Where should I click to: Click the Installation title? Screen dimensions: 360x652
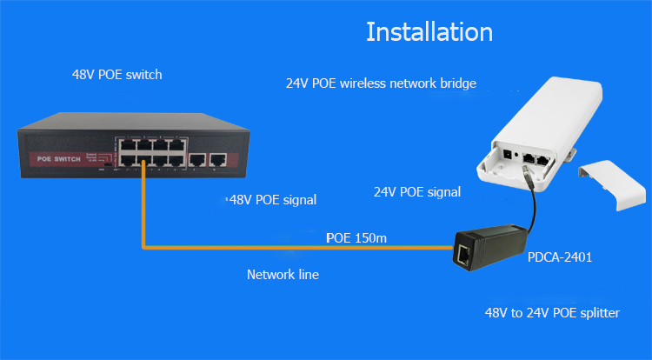(429, 32)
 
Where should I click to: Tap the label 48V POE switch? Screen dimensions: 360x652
(116, 75)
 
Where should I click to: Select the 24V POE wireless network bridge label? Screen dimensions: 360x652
(381, 84)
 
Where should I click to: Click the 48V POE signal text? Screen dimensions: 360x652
(271, 200)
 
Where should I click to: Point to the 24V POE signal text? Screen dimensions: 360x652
(416, 191)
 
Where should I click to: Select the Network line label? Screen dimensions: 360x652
(283, 274)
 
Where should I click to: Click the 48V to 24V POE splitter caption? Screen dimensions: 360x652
(551, 311)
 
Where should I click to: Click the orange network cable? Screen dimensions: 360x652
(287, 247)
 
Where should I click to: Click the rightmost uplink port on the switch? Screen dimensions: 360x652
(218, 159)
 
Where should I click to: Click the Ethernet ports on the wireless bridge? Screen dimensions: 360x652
(537, 160)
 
